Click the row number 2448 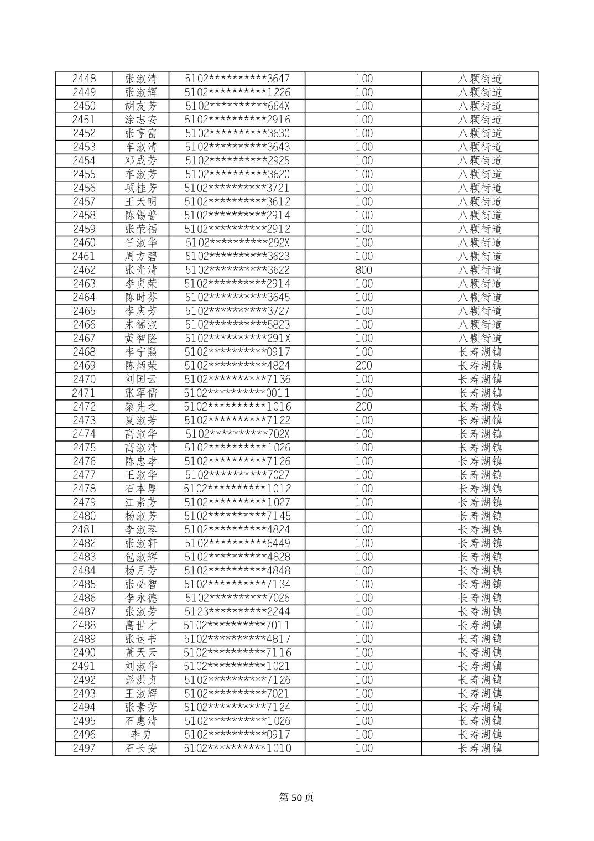coord(84,79)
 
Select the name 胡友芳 coord(141,106)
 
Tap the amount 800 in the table coord(363,270)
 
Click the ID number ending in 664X coord(237,106)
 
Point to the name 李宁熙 coord(141,352)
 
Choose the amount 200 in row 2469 coord(363,366)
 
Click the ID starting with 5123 coord(237,611)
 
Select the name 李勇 coord(141,735)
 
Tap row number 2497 coord(84,748)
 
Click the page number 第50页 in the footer coord(296,797)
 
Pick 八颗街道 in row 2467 coord(480,338)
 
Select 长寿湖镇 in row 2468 coord(480,352)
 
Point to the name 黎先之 coord(141,407)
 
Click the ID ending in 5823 coord(237,325)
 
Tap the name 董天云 coord(141,653)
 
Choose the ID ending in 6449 coord(237,543)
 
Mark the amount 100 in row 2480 coord(363,516)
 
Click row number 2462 coord(84,270)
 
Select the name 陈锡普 coord(141,215)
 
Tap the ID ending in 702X coord(237,434)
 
